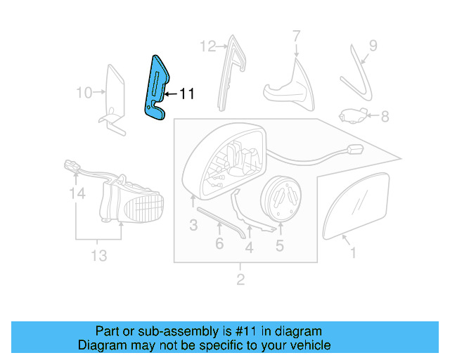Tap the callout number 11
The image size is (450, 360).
pyautogui.click(x=186, y=93)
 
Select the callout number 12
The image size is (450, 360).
pyautogui.click(x=208, y=47)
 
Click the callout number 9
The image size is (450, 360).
pyautogui.click(x=373, y=46)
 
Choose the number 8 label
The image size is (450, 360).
pyautogui.click(x=385, y=115)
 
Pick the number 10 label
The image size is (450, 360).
pyautogui.click(x=84, y=92)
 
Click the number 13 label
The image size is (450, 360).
pyautogui.click(x=99, y=255)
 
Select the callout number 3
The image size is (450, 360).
pyautogui.click(x=193, y=225)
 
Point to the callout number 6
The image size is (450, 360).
pyautogui.click(x=219, y=244)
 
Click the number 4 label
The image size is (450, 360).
pyautogui.click(x=249, y=247)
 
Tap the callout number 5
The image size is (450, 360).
pyautogui.click(x=279, y=245)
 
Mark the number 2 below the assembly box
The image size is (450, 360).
pyautogui.click(x=240, y=281)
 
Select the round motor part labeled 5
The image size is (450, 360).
pyautogui.click(x=281, y=198)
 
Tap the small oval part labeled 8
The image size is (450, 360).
pyautogui.click(x=352, y=115)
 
